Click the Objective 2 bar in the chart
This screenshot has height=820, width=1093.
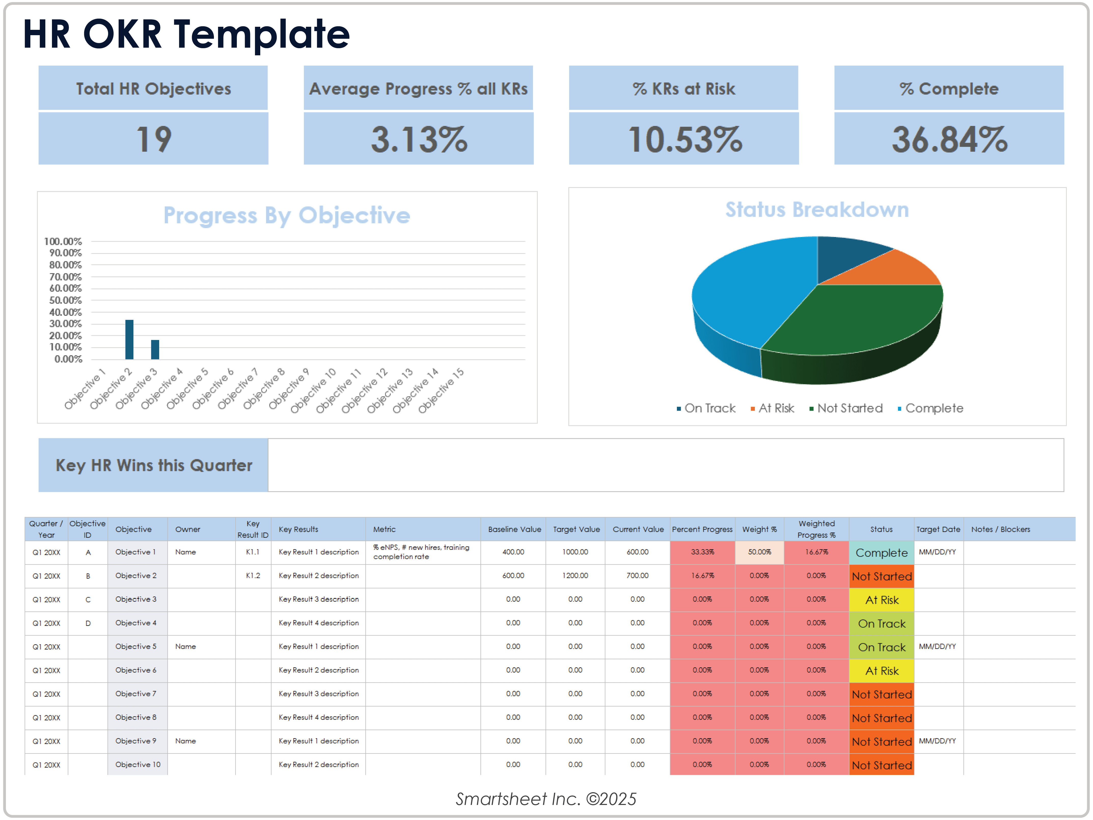(x=129, y=340)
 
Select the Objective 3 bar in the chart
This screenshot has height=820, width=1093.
(x=155, y=350)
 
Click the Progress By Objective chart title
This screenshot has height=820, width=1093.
(x=286, y=216)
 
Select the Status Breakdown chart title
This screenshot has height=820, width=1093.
(x=817, y=210)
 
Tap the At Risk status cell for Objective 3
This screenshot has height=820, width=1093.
(x=882, y=600)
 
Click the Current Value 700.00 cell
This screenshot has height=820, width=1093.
(x=637, y=576)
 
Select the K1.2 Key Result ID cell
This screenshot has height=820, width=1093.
(x=253, y=576)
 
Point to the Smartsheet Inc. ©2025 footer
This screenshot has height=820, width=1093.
(x=546, y=799)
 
